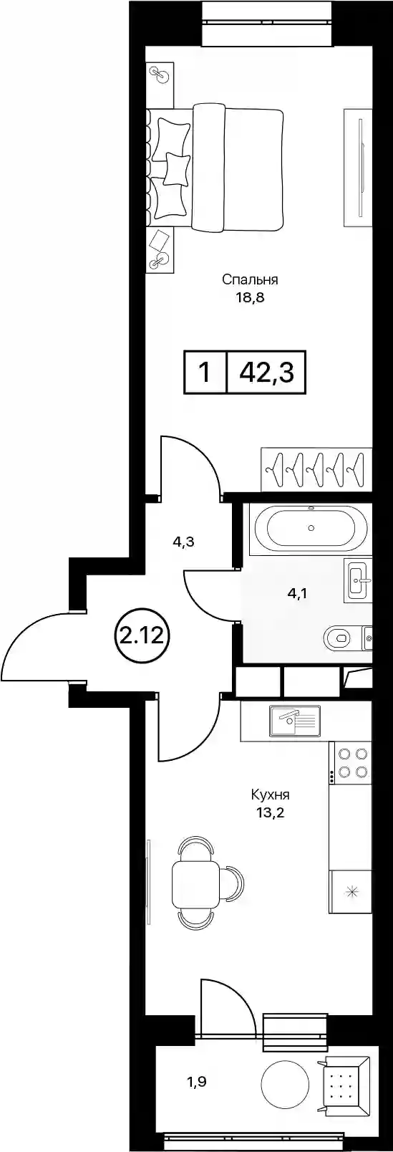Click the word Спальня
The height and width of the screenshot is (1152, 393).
click(250, 280)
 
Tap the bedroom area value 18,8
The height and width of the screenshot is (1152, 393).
click(250, 298)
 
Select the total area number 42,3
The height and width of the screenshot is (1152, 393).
click(266, 373)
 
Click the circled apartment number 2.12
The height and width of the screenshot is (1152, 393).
click(142, 638)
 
